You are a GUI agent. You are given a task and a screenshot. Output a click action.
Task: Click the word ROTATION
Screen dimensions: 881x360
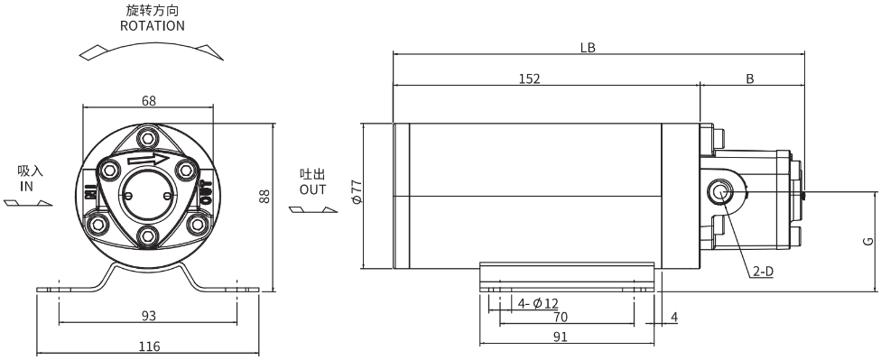click(152, 26)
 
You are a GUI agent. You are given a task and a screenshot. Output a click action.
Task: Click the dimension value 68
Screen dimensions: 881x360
click(148, 100)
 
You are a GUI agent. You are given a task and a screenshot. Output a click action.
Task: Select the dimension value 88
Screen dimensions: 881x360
click(264, 196)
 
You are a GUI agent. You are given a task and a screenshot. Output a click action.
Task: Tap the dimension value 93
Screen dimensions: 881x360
click(148, 316)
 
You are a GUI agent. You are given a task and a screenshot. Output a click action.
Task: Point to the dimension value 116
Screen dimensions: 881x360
click(149, 346)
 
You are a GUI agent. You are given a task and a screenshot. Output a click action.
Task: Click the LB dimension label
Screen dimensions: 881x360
click(588, 48)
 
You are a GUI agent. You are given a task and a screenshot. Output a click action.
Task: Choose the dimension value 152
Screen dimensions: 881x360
click(529, 78)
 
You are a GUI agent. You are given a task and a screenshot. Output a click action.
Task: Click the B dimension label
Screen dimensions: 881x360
click(749, 79)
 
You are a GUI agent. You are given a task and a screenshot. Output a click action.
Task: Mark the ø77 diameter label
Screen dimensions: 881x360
click(356, 192)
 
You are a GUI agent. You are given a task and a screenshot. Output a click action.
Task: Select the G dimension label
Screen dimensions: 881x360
click(868, 242)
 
